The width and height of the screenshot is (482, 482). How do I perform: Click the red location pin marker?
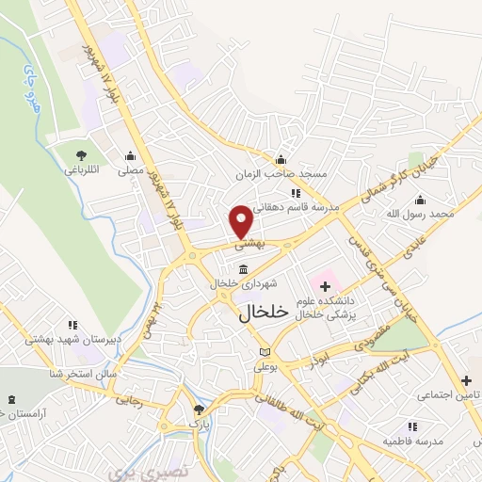[241, 221]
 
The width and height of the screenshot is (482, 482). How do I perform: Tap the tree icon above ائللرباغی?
[82, 154]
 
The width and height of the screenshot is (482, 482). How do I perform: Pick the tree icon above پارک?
[198, 410]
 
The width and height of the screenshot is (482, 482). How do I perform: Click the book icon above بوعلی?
[265, 353]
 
